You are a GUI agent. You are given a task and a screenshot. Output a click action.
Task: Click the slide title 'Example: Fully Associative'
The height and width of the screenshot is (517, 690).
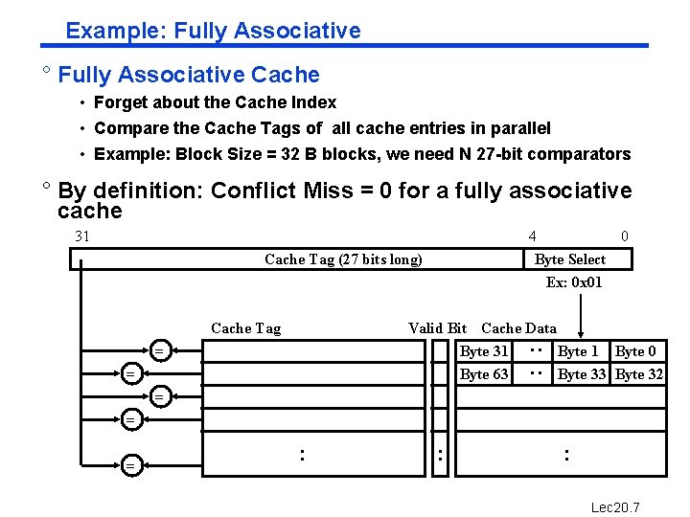coord(213,31)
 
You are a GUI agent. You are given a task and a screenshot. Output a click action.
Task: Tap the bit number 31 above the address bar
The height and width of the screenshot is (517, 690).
coord(82,236)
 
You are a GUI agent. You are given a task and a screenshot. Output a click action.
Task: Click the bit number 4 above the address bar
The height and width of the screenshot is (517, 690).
coord(532,236)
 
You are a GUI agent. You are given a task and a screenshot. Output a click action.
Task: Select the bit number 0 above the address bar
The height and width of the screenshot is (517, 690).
coord(625,236)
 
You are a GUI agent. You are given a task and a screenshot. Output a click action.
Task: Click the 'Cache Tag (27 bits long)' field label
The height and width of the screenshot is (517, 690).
coord(343,259)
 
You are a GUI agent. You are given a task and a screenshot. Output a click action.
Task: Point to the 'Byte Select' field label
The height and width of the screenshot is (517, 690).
coord(570,259)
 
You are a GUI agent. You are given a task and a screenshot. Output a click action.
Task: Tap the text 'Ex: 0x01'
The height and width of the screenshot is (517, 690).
coord(574,281)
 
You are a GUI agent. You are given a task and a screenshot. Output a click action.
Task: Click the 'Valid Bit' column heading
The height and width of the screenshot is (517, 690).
coord(437,328)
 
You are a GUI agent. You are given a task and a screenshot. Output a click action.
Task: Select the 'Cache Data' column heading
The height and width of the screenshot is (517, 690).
coord(518,328)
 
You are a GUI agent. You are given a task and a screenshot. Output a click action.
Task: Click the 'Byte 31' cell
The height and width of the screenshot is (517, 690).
coord(484,351)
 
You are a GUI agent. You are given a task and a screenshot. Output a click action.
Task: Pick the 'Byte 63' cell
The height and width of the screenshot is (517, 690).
coord(484,374)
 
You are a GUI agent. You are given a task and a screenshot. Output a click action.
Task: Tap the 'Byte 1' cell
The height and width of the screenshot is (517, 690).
coord(578,351)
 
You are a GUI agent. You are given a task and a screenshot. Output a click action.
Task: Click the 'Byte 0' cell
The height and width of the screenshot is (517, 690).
coord(635,351)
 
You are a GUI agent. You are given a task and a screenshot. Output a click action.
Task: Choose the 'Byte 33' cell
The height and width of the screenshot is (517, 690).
coord(582,374)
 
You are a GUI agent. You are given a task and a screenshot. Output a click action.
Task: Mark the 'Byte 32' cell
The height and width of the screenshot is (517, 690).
coord(639,374)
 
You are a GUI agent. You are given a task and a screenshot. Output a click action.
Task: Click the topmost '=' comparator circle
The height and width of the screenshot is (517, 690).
coord(161,351)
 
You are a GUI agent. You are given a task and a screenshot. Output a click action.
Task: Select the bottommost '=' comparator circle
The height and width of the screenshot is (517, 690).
coord(130,465)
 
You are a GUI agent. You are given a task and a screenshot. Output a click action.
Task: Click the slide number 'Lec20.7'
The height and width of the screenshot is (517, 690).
coord(614,506)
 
